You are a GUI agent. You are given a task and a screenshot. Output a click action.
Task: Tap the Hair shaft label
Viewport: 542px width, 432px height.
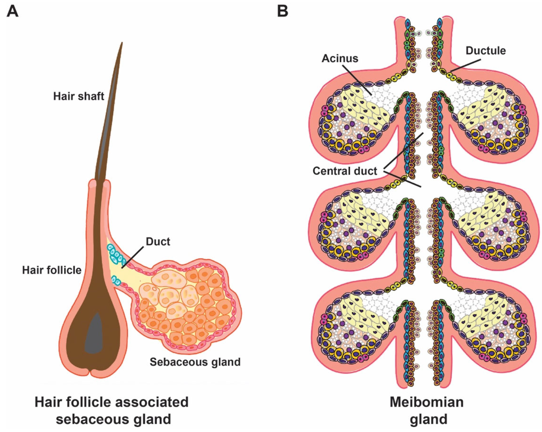pos(79,96)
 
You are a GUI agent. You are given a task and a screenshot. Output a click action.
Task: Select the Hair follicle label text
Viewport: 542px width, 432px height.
pos(52,270)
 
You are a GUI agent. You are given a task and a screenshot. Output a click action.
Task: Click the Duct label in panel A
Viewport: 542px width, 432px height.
pos(158,241)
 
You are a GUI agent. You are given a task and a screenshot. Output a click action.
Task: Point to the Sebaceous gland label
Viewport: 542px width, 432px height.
pos(195,362)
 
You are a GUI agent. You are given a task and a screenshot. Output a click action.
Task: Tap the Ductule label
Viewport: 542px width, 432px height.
pos(486,51)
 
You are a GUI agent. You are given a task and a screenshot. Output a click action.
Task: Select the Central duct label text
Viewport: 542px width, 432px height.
pos(345,171)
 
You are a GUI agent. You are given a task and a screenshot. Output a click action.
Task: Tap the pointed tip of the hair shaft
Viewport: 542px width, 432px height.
pos(122,43)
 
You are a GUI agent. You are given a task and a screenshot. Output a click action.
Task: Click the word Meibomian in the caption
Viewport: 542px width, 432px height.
pos(427,402)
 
